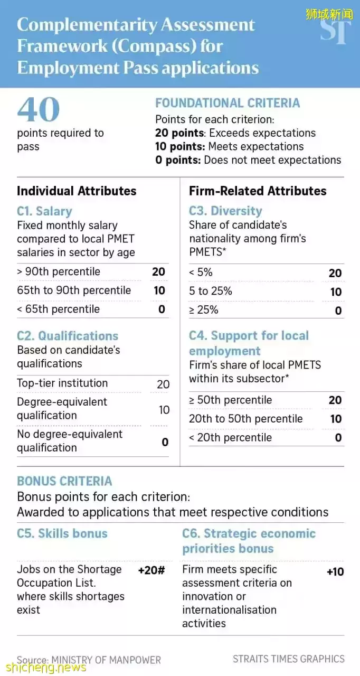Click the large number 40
point(38,109)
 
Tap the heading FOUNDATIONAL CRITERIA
point(227,103)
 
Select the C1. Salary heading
point(44,211)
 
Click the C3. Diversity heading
point(225,211)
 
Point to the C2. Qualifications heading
point(68,336)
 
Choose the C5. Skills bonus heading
point(62,533)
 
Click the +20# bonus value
point(151,570)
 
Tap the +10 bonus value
point(335,571)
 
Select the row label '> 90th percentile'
point(58,271)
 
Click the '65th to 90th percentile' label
point(73,290)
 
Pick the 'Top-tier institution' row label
point(62,383)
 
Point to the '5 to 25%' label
point(210,291)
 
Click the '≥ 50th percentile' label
point(230,400)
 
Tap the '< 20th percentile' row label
point(230,437)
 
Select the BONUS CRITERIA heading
point(64,481)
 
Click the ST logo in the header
point(336,31)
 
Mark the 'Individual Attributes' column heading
point(77,191)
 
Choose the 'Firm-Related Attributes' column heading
point(258,191)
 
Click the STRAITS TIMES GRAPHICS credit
point(288,659)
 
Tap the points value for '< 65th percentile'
point(162,309)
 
